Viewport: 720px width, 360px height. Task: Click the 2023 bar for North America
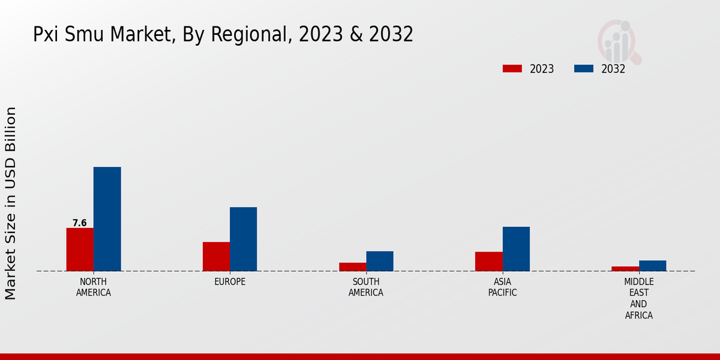(80, 250)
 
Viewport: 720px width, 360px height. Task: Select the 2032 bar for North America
(107, 219)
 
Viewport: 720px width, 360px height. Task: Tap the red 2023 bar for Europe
(216, 256)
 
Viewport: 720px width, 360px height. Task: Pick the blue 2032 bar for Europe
(243, 239)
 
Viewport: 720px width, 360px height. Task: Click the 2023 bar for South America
(352, 267)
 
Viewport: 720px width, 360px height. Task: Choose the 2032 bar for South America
(380, 261)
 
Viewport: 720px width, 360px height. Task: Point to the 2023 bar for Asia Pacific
(489, 262)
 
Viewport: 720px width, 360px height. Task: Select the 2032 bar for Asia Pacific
(516, 249)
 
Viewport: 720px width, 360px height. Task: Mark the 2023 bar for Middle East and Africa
(625, 269)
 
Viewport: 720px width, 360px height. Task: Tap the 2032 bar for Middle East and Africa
(652, 266)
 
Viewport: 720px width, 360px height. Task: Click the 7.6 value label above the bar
(80, 223)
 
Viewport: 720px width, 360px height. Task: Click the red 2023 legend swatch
(512, 68)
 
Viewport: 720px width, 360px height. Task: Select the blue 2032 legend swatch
(583, 68)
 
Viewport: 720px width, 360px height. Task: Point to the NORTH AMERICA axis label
(94, 287)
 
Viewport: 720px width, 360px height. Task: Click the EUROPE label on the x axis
(230, 282)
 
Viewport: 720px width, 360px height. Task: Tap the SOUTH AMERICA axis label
(366, 287)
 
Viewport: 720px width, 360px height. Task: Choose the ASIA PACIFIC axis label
(503, 287)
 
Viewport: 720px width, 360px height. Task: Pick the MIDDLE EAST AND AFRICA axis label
(639, 298)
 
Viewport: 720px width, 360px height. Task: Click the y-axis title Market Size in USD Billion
(11, 203)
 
